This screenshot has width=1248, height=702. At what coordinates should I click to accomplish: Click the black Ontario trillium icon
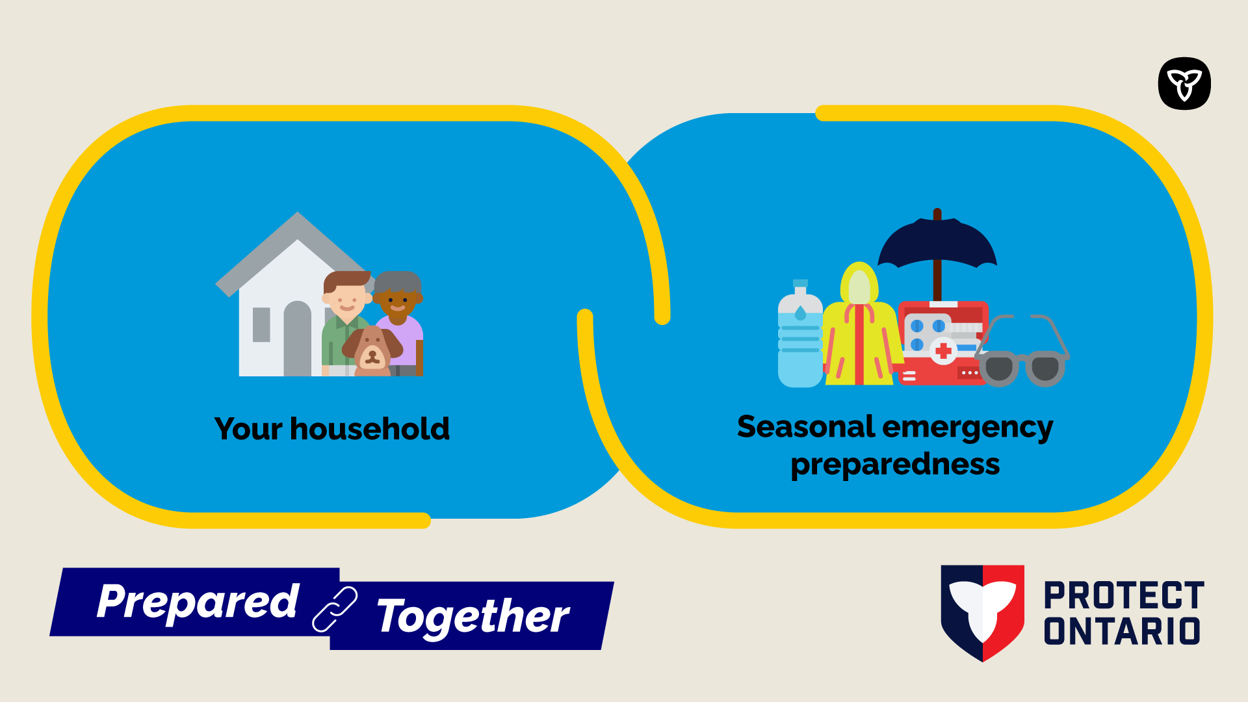click(x=1184, y=83)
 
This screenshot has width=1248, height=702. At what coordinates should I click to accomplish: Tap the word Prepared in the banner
click(x=198, y=601)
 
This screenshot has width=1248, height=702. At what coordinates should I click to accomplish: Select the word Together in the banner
click(x=473, y=616)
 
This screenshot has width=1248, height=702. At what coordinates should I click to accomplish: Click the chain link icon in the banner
click(x=335, y=609)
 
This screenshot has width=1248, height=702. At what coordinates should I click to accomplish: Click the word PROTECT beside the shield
click(x=1124, y=595)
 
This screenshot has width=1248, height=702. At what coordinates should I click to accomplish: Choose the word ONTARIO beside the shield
click(x=1122, y=630)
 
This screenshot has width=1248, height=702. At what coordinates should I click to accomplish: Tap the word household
click(x=370, y=429)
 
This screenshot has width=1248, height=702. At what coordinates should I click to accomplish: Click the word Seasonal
click(x=806, y=427)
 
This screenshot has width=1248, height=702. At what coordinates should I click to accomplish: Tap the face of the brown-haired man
click(x=346, y=299)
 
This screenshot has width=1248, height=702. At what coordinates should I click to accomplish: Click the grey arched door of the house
click(x=298, y=339)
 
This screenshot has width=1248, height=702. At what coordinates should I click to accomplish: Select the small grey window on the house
click(x=261, y=324)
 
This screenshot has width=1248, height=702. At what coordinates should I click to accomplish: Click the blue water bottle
click(x=800, y=334)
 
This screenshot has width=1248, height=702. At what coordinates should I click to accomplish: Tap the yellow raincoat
click(x=861, y=325)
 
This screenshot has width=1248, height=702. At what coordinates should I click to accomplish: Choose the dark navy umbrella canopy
click(x=937, y=242)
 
